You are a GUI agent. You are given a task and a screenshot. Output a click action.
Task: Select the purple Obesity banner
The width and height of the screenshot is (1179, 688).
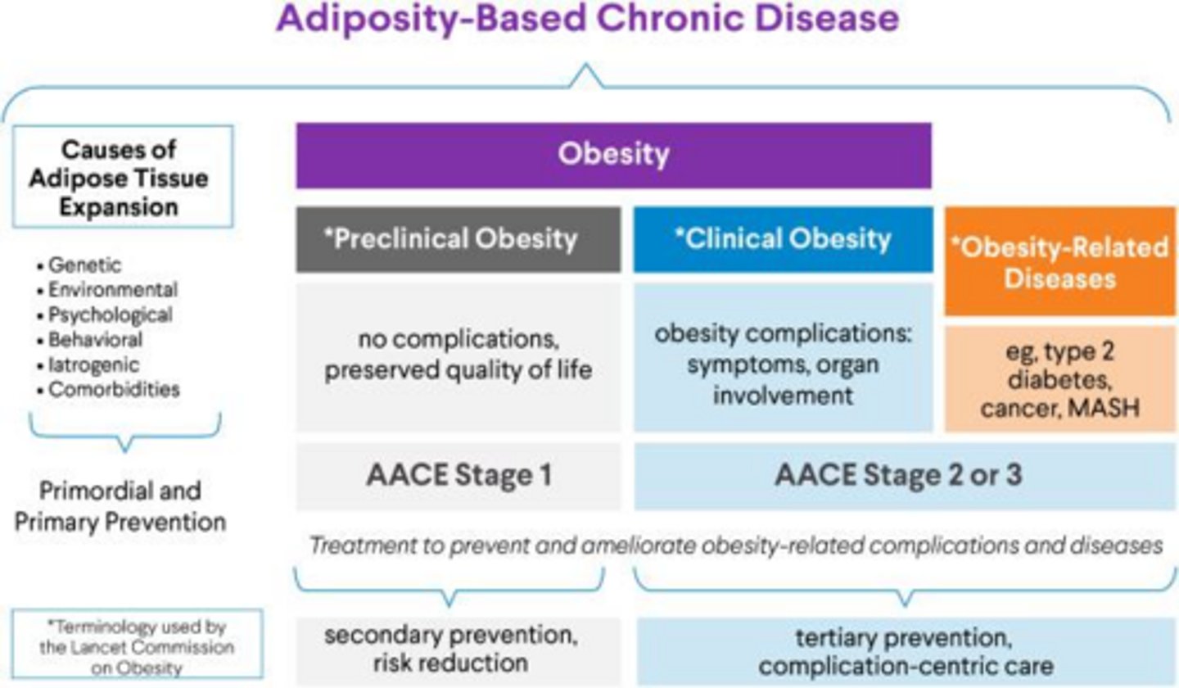coord(613,156)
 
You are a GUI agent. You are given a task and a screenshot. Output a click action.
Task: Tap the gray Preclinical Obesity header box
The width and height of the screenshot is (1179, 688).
coord(458,239)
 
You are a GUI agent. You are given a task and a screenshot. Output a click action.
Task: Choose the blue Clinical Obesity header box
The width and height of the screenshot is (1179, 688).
coord(783,239)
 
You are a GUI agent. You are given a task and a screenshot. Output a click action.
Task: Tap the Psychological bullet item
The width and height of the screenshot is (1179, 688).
coord(110,315)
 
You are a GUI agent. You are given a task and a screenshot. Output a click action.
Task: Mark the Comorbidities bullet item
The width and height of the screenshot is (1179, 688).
coord(113,389)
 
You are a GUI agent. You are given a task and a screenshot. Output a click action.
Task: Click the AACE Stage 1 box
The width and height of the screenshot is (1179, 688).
coord(458,476)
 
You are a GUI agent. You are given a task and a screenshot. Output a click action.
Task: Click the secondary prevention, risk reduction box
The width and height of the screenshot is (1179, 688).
coord(458,650)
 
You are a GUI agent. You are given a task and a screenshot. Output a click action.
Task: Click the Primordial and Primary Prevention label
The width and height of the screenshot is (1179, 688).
coord(120,506)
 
